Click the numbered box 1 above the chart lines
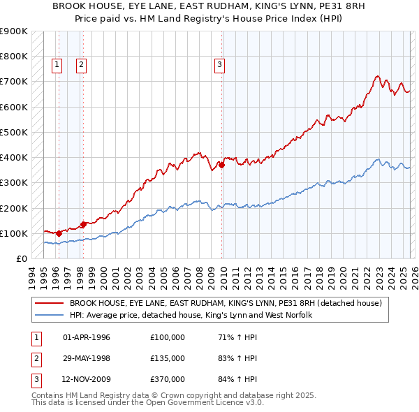point(57,65)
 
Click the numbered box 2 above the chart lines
point(82,65)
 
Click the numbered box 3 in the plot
point(219,65)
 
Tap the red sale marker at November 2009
point(221,165)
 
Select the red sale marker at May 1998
point(83,224)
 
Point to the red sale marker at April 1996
point(58,233)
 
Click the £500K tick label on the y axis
point(13,132)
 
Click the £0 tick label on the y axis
point(21,258)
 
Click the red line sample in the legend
point(50,304)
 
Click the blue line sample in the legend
point(50,316)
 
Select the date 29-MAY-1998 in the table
point(87,359)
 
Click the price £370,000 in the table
point(168,381)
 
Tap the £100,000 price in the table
point(168,337)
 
